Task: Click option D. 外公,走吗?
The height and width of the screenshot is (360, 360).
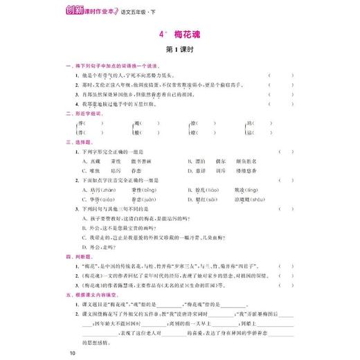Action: click(x=97, y=245)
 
